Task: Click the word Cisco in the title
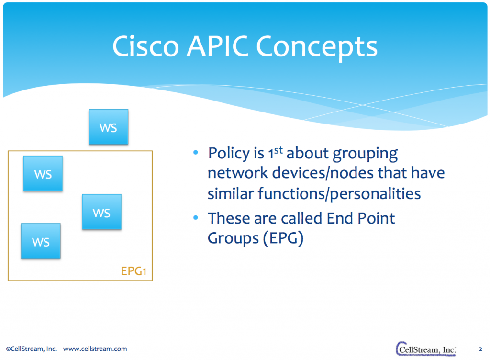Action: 144,47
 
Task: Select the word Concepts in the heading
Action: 317,47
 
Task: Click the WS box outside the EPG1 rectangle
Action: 109,127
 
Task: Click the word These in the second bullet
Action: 229,219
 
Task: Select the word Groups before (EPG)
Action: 233,238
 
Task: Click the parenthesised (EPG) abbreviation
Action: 283,238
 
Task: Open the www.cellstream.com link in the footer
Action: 95,349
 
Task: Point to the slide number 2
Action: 480,349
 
